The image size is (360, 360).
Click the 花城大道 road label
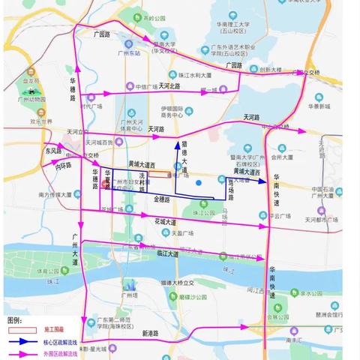coord(166,222)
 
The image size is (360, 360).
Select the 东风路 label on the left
coord(52,149)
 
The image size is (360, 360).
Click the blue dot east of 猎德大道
coord(199,182)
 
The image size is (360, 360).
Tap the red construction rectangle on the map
coord(158,174)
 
